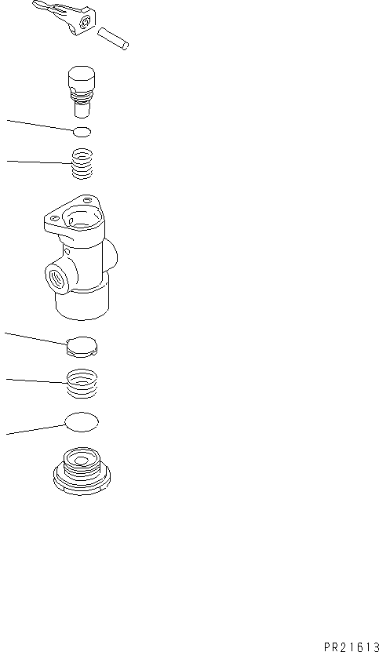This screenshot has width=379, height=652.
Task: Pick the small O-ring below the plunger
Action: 81,131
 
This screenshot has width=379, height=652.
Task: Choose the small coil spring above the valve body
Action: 82,164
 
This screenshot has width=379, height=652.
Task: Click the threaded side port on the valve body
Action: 58,279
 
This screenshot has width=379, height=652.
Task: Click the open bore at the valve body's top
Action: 82,215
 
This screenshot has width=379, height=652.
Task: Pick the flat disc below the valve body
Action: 82,346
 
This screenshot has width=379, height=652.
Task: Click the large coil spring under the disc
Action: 82,384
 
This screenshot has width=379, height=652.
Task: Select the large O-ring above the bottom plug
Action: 82,422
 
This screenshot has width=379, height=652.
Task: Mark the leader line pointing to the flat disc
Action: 35,338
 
